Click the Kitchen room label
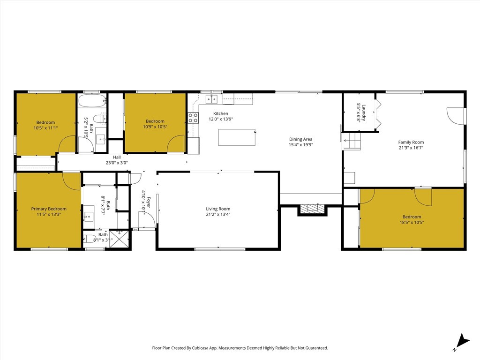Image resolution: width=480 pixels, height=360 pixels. (x=221, y=113)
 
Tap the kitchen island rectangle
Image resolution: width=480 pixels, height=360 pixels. (x=237, y=137)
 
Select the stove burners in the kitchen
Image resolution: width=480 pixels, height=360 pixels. (x=193, y=118)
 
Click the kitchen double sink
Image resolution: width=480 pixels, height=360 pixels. (x=211, y=99)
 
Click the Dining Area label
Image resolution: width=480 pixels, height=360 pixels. (x=300, y=139)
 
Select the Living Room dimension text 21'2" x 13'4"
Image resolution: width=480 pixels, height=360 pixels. (x=218, y=214)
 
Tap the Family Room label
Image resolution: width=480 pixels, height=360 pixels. (x=411, y=142)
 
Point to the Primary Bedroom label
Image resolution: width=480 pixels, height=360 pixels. (x=49, y=209)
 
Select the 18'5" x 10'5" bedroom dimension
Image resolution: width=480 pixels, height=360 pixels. (x=412, y=222)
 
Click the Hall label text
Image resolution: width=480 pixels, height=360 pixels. (x=117, y=157)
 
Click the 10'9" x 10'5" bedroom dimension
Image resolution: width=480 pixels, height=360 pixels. (x=155, y=127)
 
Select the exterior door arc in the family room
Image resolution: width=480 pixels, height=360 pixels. (x=455, y=116)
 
